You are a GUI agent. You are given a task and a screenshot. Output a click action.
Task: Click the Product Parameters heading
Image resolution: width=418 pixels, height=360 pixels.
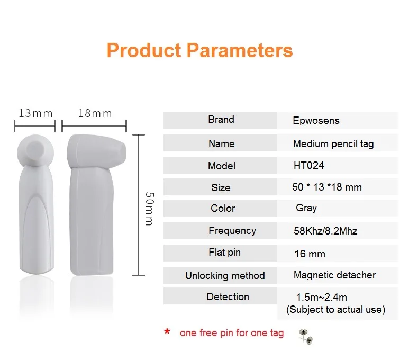point(199,50)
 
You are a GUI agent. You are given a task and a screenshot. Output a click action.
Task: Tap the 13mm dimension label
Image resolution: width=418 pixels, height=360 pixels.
point(35,113)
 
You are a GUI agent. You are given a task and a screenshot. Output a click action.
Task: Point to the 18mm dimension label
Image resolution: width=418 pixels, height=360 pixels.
point(95,113)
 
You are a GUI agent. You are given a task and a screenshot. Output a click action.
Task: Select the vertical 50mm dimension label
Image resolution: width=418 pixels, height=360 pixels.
point(150,209)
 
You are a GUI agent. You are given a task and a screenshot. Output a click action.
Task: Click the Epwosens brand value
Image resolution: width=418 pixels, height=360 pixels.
point(316,121)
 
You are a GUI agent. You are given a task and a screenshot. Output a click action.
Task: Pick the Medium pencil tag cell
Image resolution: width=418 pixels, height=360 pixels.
point(333,143)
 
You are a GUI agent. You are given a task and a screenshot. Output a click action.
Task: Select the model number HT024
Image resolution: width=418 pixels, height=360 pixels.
point(308,165)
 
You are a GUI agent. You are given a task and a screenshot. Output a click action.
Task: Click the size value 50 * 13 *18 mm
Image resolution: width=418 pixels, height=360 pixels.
point(327,187)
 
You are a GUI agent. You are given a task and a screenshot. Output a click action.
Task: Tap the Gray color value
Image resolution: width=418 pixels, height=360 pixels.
point(306,208)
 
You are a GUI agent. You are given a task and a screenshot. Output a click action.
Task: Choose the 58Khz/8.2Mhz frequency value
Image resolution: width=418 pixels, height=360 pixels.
point(325,231)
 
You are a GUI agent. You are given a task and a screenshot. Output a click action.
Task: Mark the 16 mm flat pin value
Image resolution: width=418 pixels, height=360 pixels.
point(310,254)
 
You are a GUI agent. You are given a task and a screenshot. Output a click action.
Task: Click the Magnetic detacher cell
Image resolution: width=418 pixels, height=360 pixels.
point(334,275)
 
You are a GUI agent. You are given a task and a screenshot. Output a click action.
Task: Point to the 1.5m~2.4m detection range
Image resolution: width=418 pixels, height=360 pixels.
point(322,297)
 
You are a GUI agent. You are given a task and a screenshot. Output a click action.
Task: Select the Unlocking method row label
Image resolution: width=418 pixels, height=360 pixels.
point(225,275)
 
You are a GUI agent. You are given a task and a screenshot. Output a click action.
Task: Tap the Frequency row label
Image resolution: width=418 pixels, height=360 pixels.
point(232,231)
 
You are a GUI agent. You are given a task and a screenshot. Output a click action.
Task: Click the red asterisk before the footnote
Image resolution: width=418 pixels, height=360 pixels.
point(167,331)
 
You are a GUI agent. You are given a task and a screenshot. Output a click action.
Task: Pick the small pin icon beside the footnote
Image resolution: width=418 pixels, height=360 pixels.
point(306,337)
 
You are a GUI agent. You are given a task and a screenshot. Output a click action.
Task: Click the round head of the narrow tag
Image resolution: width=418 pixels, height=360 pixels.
point(35,151)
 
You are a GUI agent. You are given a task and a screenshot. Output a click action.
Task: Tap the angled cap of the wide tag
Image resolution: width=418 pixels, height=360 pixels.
point(96,151)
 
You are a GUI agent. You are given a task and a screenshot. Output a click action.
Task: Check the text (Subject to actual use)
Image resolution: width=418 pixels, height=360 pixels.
point(335,310)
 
